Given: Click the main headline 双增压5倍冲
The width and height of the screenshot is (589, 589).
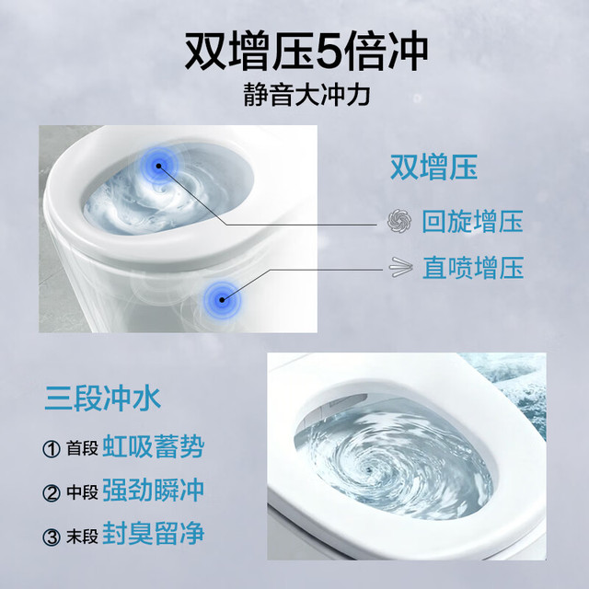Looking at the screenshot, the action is (306, 52).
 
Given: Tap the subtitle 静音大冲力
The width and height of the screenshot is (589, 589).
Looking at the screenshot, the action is (306, 95).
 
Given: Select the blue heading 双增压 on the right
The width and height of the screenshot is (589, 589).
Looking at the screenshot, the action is (433, 167).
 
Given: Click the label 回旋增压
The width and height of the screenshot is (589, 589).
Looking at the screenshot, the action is (472, 221).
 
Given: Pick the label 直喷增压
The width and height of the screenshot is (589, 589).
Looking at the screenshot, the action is (473, 268).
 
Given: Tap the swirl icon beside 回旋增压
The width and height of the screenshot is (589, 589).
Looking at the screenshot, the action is (399, 221).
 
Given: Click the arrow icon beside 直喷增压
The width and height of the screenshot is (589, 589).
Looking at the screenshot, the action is (401, 268).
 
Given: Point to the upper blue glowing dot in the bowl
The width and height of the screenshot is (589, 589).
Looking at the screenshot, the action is (159, 166).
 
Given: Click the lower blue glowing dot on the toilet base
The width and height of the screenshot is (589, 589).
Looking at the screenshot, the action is (222, 300).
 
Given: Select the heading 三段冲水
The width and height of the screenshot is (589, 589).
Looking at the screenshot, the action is (102, 398).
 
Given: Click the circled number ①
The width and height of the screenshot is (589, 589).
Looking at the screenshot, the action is (52, 449).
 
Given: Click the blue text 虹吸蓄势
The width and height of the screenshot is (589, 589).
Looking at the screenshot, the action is (154, 447).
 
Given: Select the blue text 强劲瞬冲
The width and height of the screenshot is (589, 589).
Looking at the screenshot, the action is (154, 491).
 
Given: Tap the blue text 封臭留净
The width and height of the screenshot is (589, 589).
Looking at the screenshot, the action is (154, 534).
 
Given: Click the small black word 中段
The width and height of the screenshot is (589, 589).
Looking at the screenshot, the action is (82, 492).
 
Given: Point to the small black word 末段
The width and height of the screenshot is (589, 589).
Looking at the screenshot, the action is (82, 536).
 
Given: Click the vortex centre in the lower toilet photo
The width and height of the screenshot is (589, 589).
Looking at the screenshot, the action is (371, 469).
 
